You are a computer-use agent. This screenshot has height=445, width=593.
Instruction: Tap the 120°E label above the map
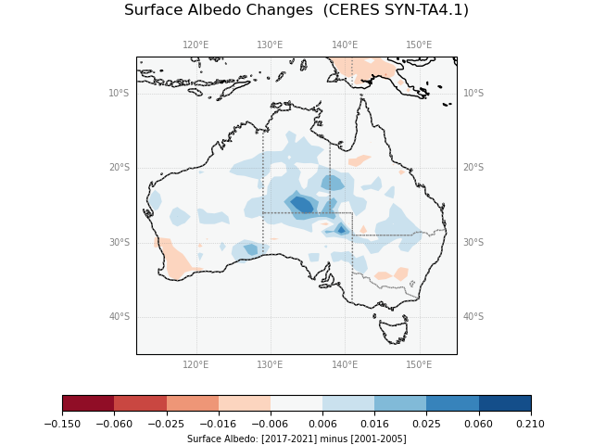click(x=196, y=44)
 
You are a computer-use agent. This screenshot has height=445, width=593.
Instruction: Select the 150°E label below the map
click(x=419, y=364)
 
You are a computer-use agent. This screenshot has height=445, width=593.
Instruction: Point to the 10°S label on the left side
click(x=119, y=93)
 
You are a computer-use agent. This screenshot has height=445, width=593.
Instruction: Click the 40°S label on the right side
click(x=473, y=317)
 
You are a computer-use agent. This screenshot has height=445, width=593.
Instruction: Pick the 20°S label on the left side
click(x=119, y=168)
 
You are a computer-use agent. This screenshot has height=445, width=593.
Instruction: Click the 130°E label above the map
click(x=270, y=44)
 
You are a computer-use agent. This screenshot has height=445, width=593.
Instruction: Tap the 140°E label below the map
click(x=345, y=364)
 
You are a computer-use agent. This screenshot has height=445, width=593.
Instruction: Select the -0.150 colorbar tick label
click(x=62, y=424)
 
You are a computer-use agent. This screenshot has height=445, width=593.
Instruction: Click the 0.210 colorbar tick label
click(x=530, y=424)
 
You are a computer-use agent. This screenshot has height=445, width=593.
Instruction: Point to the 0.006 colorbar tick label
click(x=322, y=424)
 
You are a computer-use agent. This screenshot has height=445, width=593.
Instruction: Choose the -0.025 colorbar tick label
click(x=166, y=424)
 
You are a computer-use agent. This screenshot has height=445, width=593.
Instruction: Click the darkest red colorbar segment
click(x=88, y=403)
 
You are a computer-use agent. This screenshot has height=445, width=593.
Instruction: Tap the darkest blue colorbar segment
click(x=505, y=403)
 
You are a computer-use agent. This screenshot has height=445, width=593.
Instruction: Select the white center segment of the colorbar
click(x=296, y=403)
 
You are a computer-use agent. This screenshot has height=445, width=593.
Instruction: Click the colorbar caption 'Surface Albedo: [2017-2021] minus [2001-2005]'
click(x=296, y=439)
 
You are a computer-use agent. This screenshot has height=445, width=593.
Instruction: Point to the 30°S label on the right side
click(x=473, y=243)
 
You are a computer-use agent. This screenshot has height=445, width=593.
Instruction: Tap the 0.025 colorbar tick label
click(x=426, y=424)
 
